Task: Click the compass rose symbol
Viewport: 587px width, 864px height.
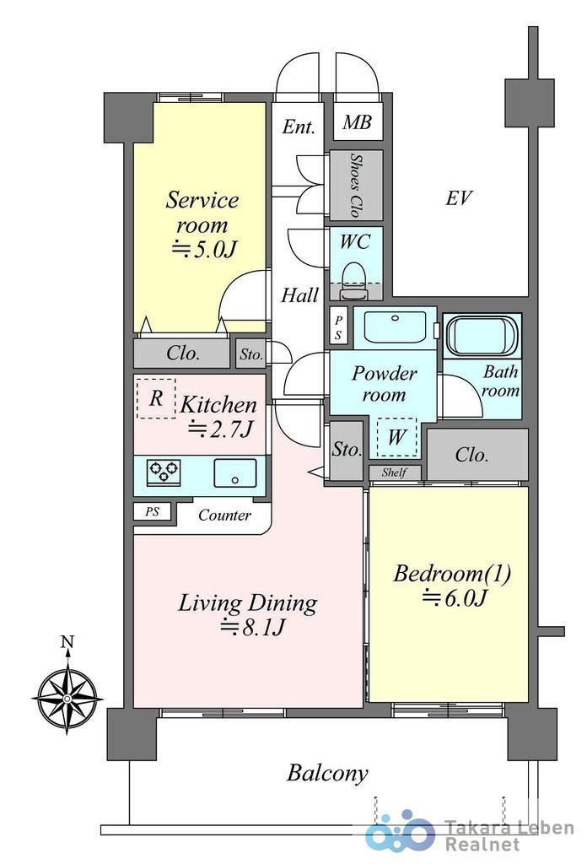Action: click(67, 698)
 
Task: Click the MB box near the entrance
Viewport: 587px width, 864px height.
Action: click(357, 121)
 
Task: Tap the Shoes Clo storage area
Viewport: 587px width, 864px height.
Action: click(356, 185)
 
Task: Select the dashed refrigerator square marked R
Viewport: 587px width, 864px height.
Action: click(156, 398)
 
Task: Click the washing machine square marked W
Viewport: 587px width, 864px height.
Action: click(396, 438)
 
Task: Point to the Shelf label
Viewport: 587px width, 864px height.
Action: click(394, 472)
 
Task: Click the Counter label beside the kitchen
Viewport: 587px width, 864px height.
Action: click(224, 516)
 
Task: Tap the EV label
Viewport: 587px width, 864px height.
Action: click(458, 197)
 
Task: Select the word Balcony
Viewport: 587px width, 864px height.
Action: click(327, 773)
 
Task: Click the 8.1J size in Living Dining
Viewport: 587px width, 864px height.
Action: click(253, 627)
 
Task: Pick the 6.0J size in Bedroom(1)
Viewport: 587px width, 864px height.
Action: click(455, 598)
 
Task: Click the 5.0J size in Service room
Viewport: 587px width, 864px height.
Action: click(205, 250)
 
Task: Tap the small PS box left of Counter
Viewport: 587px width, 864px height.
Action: click(152, 511)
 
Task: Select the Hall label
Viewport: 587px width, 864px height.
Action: click(300, 295)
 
